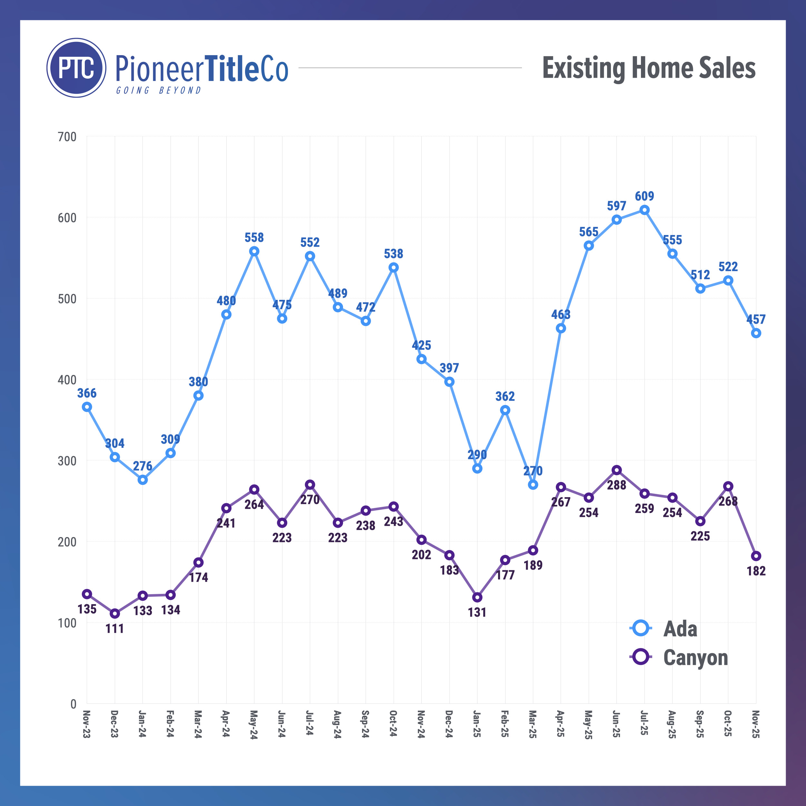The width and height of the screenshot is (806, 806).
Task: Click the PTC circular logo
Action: click(x=76, y=68)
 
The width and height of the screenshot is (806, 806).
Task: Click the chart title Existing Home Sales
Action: click(x=648, y=68)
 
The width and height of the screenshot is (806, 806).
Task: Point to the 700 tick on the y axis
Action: click(x=67, y=137)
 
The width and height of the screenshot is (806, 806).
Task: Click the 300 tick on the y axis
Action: click(x=67, y=461)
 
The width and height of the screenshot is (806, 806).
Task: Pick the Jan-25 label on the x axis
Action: click(x=477, y=724)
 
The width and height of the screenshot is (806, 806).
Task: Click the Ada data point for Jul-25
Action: click(x=644, y=210)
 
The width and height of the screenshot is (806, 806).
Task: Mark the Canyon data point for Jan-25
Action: click(x=477, y=597)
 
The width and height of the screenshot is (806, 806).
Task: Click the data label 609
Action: click(x=644, y=196)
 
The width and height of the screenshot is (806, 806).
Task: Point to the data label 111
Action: click(x=115, y=628)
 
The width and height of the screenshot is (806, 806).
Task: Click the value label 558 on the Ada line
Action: click(x=254, y=237)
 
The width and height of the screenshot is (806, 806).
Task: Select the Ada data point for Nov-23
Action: click(x=87, y=407)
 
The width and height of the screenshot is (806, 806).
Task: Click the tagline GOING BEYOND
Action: click(x=159, y=91)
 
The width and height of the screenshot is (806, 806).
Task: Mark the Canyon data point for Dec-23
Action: click(x=115, y=614)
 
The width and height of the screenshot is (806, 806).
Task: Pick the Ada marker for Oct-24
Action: click(x=393, y=267)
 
